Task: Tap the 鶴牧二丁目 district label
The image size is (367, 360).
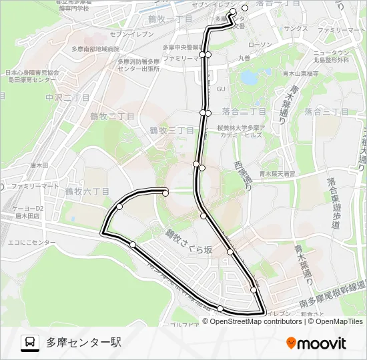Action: [x=112, y=116]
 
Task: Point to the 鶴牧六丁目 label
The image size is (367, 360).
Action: [x=87, y=191]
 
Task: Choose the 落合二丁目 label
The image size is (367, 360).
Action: [x=244, y=111]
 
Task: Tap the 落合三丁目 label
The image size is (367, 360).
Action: [x=326, y=111]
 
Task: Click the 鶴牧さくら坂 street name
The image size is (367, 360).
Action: [x=190, y=242]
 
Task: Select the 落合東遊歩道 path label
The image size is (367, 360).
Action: [x=332, y=203]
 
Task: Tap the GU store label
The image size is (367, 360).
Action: [x=222, y=88]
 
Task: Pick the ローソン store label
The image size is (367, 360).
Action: [x=259, y=44]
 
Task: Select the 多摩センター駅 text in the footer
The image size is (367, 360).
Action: [x=83, y=343]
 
